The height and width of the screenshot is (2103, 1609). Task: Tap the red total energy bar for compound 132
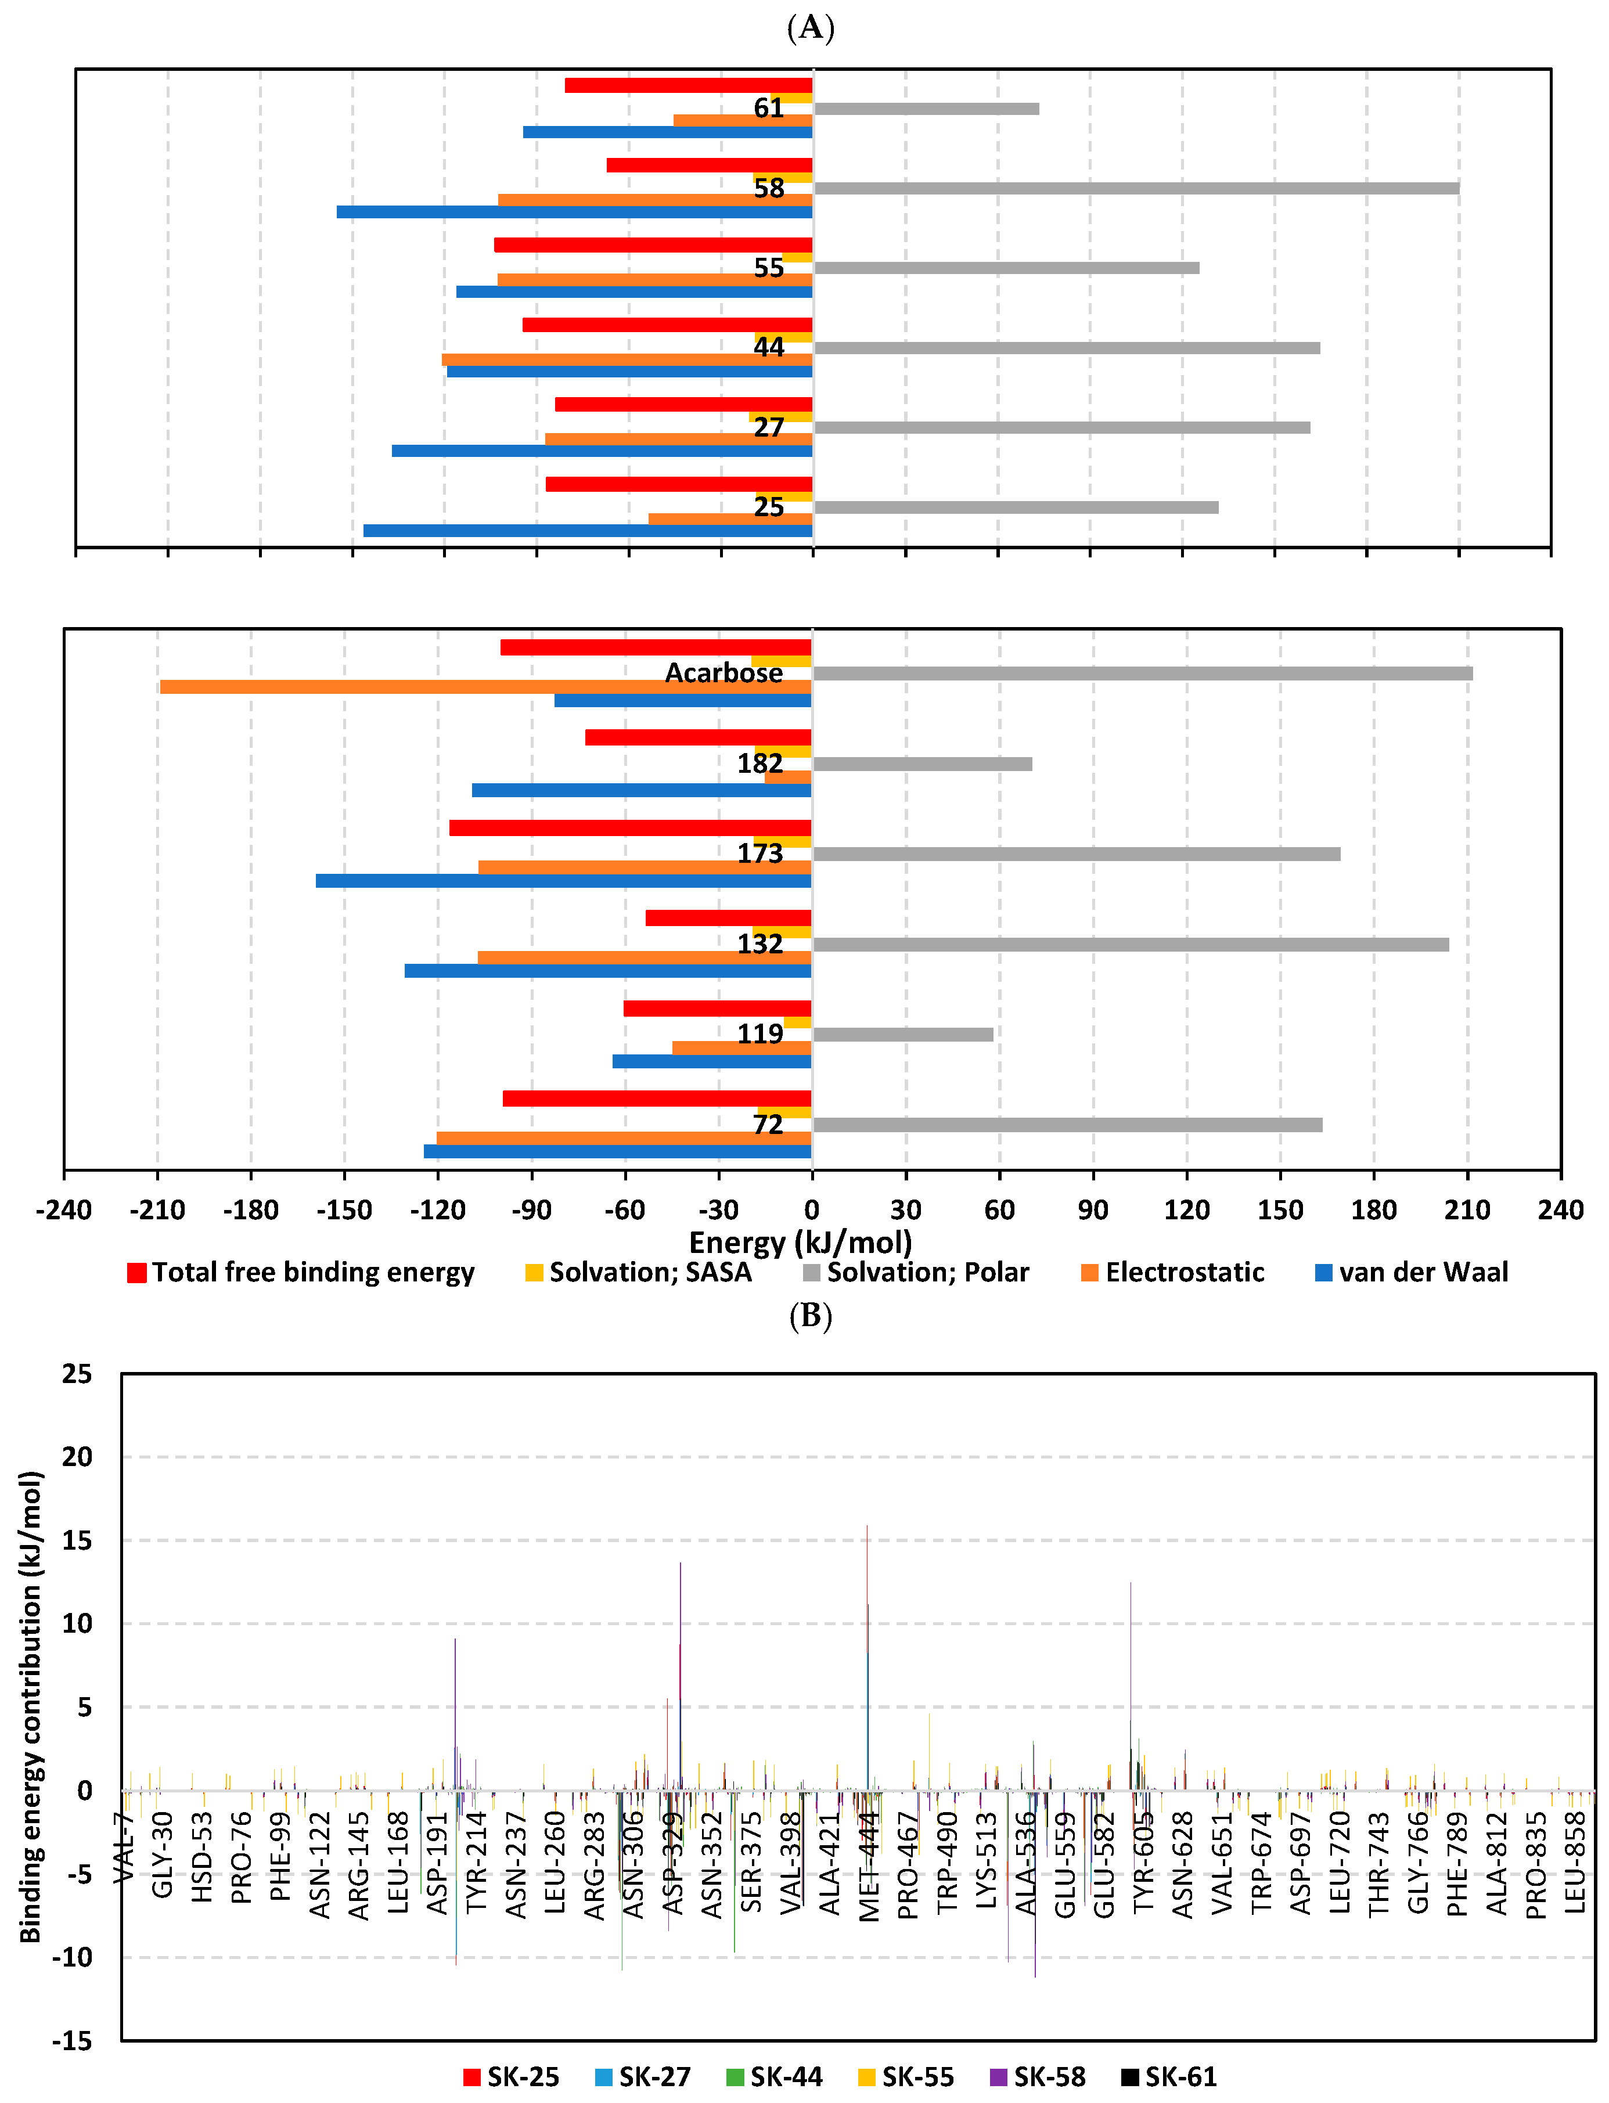coord(728,917)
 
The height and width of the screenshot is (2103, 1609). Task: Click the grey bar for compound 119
coord(902,1034)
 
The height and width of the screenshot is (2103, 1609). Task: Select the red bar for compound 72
coord(656,1097)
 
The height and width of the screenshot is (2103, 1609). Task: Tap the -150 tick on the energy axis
coord(344,1209)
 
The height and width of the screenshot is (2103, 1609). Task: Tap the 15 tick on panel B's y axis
coord(77,1540)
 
